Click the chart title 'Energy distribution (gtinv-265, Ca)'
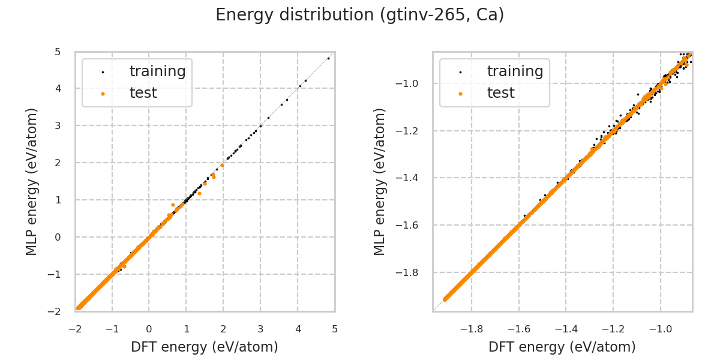coord(359,15)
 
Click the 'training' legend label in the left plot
coord(157,71)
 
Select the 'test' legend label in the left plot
coord(143,93)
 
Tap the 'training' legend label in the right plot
coord(515,71)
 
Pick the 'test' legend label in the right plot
coord(500,93)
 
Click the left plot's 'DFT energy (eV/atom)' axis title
coord(205,347)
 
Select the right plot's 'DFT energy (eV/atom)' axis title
coord(562,347)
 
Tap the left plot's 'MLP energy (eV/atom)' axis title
coord(32,181)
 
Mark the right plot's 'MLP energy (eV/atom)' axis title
coord(380,181)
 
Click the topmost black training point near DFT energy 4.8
coord(328,58)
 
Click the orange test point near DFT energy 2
coord(222,165)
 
